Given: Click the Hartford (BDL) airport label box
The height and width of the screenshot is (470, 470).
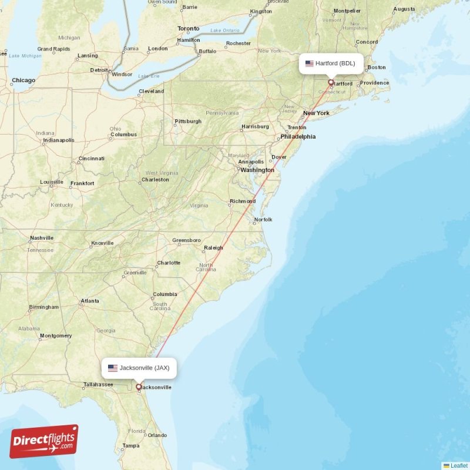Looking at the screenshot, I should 331,63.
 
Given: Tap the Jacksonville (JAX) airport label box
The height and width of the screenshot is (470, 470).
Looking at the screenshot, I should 139,368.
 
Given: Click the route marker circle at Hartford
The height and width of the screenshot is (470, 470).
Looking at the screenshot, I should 331,82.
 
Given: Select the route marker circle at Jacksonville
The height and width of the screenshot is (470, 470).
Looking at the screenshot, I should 139,387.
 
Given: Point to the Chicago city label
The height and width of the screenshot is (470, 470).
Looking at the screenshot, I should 23,80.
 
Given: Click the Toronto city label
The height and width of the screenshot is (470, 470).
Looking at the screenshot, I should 189,29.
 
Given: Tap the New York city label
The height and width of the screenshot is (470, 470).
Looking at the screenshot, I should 316,113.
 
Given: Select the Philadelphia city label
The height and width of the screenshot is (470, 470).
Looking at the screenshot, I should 298,137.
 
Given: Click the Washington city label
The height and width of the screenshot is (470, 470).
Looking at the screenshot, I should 257,170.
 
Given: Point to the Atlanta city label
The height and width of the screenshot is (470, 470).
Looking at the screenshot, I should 90,301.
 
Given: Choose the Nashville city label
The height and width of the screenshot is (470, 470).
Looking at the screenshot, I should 42,238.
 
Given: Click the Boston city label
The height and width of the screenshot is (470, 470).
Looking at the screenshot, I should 377,68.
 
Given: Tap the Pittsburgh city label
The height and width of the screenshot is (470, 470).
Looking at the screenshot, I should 188,122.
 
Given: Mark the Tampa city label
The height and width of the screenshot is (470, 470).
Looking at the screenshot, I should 131,446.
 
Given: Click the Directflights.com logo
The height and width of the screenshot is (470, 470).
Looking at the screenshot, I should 44,442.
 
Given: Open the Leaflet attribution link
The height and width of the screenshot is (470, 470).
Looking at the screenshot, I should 459,465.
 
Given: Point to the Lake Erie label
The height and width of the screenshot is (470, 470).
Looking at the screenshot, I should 148,76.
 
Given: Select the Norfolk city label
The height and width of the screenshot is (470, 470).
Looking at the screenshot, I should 263,220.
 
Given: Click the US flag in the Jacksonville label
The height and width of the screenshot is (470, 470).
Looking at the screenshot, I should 113,368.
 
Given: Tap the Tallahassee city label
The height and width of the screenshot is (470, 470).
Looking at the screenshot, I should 98,384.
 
